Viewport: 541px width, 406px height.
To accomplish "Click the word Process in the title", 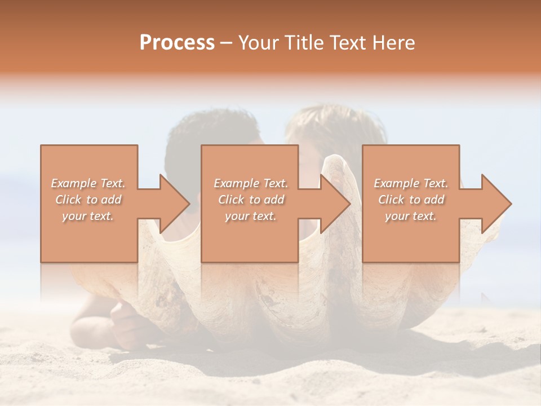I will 177,43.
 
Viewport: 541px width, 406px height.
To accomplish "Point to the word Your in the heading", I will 259,43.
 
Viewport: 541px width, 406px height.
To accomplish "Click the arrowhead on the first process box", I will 169,204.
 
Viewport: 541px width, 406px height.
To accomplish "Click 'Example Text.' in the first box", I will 88,183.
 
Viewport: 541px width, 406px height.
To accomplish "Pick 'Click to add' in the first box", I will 88,200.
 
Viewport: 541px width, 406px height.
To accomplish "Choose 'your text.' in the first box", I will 88,216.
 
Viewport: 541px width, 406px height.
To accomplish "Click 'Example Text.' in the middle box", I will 251,183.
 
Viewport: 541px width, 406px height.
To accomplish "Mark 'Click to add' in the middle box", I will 251,200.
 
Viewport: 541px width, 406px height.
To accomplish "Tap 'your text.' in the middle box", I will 251,216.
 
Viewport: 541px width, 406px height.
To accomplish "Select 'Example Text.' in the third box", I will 411,183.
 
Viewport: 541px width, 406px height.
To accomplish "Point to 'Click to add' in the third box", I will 411,200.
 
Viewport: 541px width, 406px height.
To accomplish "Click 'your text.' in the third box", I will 411,216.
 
